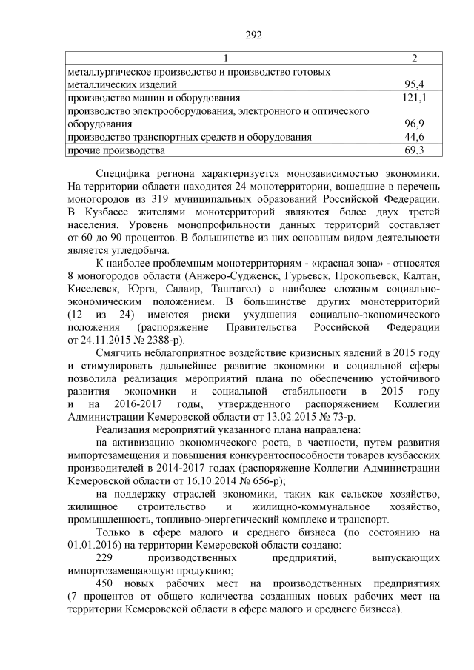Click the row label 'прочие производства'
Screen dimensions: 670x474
(x=116, y=150)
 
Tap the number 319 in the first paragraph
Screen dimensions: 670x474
(x=168, y=199)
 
